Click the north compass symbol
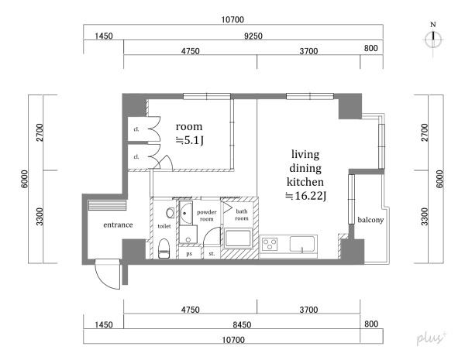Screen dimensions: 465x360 [433, 39]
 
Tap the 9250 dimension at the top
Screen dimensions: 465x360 [253, 36]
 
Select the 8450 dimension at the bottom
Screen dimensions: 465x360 [242, 324]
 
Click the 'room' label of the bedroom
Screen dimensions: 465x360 [189, 126]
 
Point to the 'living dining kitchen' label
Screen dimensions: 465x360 [305, 168]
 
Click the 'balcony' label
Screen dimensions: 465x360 [370, 220]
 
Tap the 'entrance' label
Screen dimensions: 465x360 [118, 225]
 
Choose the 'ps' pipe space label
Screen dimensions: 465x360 [189, 254]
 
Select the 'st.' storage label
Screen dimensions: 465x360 [212, 254]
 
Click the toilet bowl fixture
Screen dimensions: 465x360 [164, 249]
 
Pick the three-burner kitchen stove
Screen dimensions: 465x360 [270, 244]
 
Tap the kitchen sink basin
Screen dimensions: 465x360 [301, 244]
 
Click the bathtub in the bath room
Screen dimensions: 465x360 [238, 238]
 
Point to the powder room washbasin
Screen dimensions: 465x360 [186, 213]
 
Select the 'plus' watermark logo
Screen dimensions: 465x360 [431, 338]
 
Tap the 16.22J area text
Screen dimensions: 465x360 [306, 196]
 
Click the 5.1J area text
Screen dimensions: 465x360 [190, 140]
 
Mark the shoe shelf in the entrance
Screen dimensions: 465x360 [108, 205]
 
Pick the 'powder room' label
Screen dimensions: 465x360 [207, 215]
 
